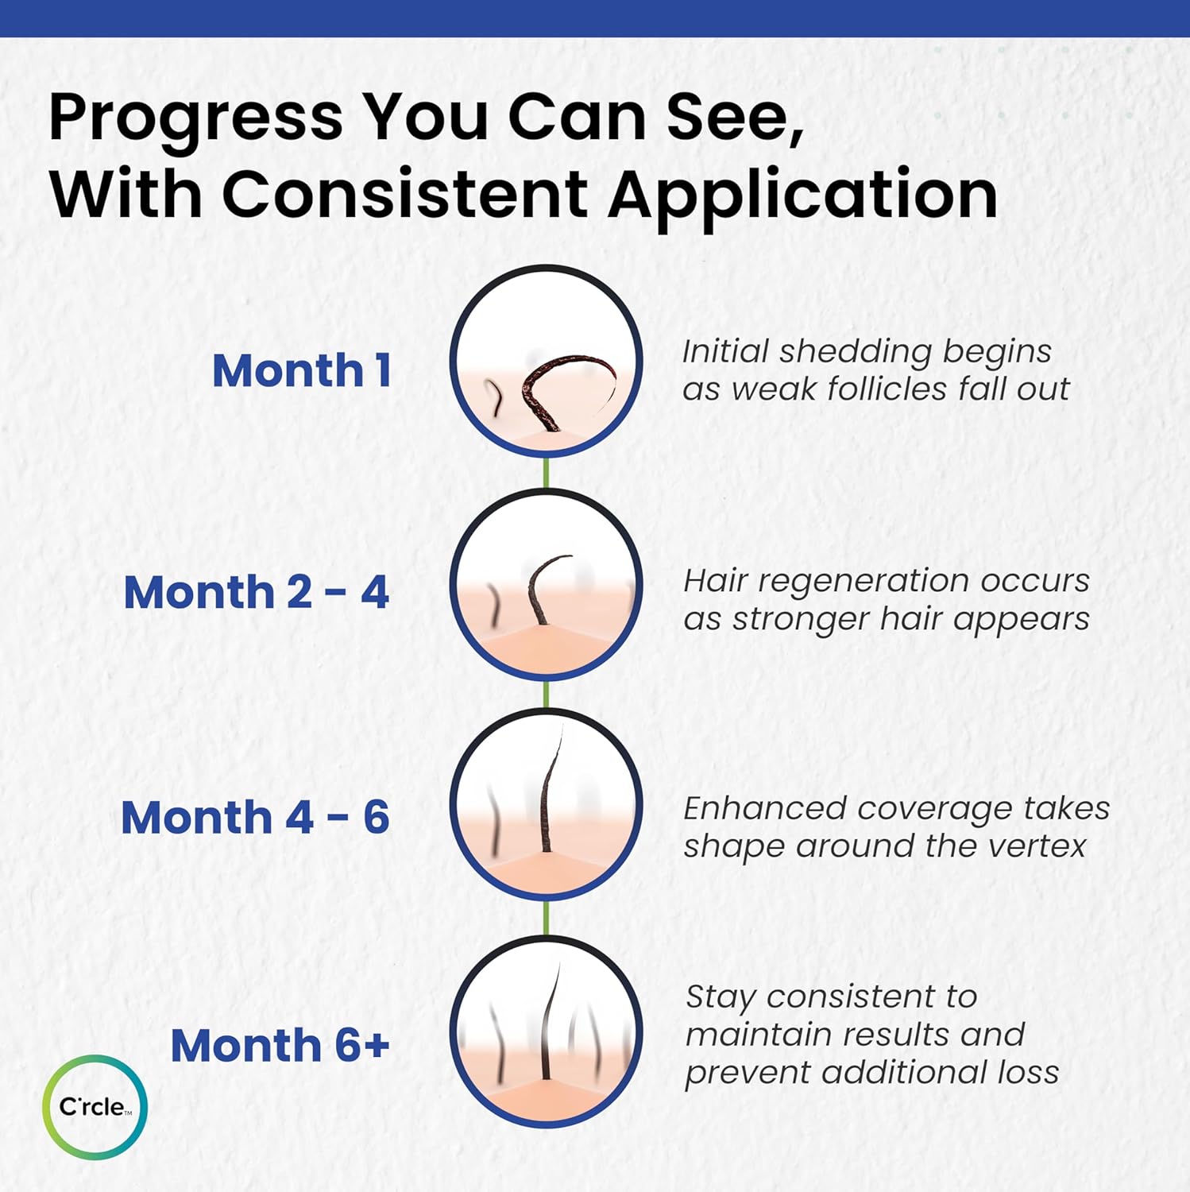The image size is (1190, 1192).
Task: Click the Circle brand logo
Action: pyautogui.click(x=95, y=1106)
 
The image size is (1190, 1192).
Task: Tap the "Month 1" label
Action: pyautogui.click(x=302, y=370)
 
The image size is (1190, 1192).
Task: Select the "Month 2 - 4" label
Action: pyautogui.click(x=256, y=593)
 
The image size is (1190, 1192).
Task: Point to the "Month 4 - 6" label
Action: pyautogui.click(x=255, y=818)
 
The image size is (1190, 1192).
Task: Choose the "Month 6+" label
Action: pyautogui.click(x=280, y=1045)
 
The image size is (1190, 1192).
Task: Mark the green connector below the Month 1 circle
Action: pyautogui.click(x=546, y=472)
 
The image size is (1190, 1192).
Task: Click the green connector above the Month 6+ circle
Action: pyautogui.click(x=546, y=919)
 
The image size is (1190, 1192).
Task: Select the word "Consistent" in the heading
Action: pyautogui.click(x=404, y=193)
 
